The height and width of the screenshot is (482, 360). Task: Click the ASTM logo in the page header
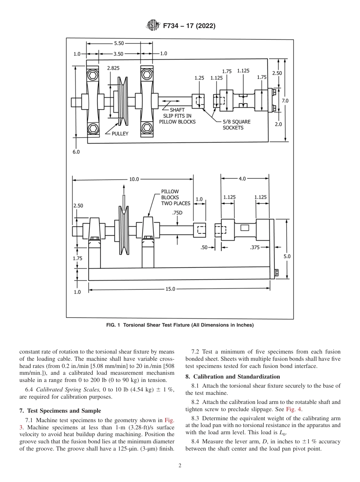(152, 26)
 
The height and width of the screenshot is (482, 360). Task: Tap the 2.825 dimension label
(113, 68)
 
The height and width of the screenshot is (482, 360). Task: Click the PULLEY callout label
(120, 133)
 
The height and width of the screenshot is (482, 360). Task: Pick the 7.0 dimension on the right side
(285, 101)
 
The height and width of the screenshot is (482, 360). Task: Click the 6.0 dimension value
(76, 152)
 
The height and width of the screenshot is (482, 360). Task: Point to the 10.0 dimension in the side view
(134, 179)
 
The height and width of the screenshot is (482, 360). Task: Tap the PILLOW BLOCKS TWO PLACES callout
(175, 197)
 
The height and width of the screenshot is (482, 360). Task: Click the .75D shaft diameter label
(177, 213)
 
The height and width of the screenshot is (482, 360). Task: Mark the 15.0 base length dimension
(171, 289)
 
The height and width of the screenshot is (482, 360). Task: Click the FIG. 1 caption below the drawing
(180, 325)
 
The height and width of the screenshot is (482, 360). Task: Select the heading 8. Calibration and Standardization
(232, 377)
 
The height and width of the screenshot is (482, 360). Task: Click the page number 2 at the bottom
(180, 466)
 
